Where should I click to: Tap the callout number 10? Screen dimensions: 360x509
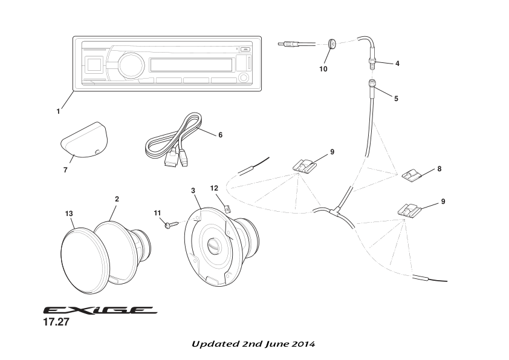(x=323, y=70)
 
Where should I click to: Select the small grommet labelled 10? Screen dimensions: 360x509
(x=332, y=44)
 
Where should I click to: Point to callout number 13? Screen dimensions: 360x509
(x=69, y=213)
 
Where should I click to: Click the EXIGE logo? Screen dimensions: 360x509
(x=99, y=310)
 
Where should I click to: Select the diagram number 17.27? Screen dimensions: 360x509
(x=56, y=322)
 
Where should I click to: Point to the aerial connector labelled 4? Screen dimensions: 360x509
(x=372, y=61)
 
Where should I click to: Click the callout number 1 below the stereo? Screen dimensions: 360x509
(x=58, y=111)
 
